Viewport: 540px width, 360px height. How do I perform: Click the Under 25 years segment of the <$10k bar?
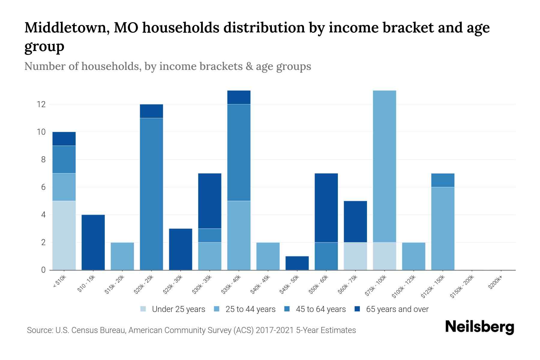(x=64, y=235)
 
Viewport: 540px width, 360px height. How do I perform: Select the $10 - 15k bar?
(x=93, y=242)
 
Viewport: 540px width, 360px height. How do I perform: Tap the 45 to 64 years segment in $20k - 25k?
(x=151, y=194)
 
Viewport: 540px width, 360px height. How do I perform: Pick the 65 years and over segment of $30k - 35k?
(x=210, y=201)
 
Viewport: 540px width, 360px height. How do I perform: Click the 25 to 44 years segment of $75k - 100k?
(x=384, y=166)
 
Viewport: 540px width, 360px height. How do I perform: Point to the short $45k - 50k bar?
(x=297, y=263)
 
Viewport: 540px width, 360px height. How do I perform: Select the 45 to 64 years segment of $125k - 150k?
(x=442, y=180)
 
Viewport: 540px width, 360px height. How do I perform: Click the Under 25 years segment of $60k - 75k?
(x=355, y=256)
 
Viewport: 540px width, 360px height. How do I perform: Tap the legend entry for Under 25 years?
(x=178, y=309)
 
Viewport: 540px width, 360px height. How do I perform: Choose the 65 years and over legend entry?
(x=397, y=309)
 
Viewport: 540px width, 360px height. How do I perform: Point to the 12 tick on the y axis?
(x=41, y=104)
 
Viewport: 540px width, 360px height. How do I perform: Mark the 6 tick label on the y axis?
(x=43, y=187)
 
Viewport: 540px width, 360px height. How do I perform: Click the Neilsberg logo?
(x=479, y=327)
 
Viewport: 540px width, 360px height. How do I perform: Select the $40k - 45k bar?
(x=268, y=256)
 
